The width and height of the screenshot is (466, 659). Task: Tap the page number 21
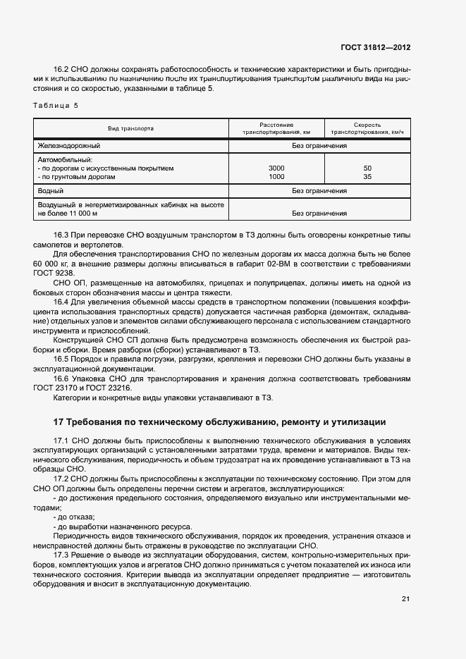405,599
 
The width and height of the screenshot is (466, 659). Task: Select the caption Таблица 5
56,105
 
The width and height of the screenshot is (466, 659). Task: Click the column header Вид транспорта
130,128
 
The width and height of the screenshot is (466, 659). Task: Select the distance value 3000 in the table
276,168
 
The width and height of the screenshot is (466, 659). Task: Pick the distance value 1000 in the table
276,177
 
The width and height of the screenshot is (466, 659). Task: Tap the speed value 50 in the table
367,168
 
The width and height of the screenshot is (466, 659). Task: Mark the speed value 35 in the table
367,177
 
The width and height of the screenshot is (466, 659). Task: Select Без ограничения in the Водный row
319,190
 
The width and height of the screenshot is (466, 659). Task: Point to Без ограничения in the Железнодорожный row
319,146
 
